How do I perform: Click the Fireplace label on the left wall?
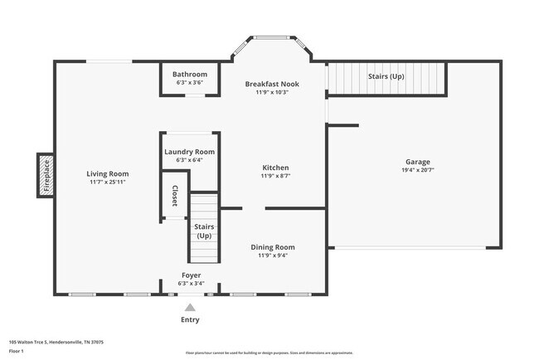click(46, 175)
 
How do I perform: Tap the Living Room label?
click(108, 173)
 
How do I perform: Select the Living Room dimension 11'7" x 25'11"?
click(108, 182)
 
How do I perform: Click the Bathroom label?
click(190, 74)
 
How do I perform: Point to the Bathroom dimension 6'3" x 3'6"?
click(190, 83)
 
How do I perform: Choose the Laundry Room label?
click(190, 152)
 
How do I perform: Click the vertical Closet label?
click(175, 195)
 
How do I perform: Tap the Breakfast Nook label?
click(272, 84)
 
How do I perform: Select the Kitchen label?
click(275, 167)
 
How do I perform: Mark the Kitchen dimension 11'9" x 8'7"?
click(275, 176)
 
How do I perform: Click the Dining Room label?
click(273, 246)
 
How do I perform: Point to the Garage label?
click(417, 161)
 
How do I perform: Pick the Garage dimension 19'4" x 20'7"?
click(417, 170)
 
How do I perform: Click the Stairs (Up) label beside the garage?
click(386, 76)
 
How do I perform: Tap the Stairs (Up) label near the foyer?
click(204, 230)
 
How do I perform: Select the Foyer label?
click(191, 275)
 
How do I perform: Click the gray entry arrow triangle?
click(190, 307)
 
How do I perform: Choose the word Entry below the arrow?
click(190, 319)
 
